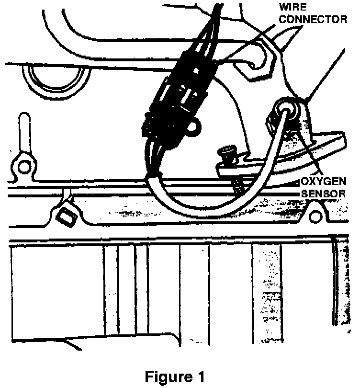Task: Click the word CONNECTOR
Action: click(313, 20)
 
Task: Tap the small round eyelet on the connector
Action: click(194, 127)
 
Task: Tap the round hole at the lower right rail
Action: click(315, 218)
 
